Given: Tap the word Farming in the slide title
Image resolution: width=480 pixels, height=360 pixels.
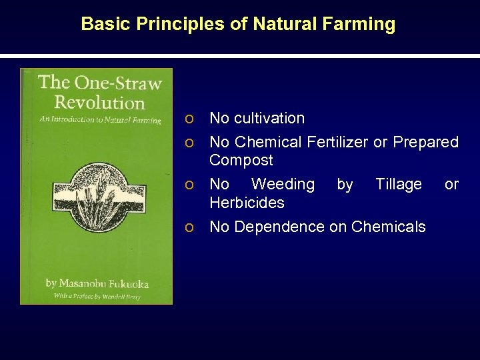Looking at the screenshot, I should tap(365, 25).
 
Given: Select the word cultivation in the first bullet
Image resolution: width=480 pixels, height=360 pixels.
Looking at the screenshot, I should tap(270, 118).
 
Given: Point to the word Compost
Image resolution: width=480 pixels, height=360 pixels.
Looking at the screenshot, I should tap(241, 160).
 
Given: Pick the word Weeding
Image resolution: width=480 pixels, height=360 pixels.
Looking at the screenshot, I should tap(283, 184).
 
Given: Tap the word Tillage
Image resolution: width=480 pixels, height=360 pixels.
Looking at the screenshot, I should tap(399, 184).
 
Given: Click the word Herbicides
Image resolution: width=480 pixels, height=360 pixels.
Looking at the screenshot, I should tap(247, 202).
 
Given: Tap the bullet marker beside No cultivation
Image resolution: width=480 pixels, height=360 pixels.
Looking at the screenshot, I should tap(190, 119).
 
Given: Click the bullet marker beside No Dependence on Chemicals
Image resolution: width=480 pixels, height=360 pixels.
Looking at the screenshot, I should tap(190, 227).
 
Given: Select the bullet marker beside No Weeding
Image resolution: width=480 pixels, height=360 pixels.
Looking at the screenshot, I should tap(190, 185).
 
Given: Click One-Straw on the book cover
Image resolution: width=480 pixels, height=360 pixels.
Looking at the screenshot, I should tap(118, 83).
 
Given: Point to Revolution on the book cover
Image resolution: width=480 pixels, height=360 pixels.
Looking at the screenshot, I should tap(99, 102).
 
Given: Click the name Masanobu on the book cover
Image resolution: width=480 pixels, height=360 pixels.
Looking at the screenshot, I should tap(85, 283).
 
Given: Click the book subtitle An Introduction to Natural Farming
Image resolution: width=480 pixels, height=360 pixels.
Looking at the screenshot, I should tap(100, 120).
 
